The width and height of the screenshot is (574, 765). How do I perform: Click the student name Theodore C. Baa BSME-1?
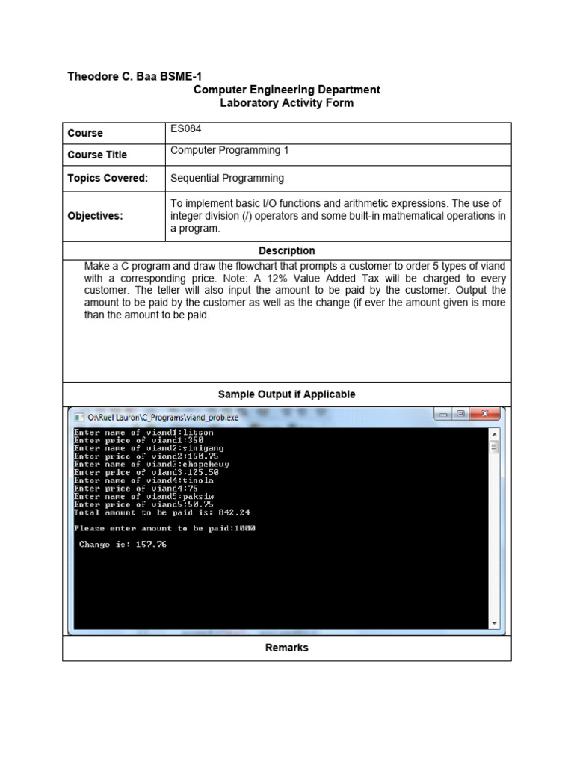coord(135,76)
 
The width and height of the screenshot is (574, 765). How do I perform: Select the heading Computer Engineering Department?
coord(286,90)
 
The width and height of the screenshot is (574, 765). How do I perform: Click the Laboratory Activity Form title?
coord(286,103)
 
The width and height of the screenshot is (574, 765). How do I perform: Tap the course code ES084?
coord(185,129)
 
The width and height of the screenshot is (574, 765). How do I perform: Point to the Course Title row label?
coord(97,155)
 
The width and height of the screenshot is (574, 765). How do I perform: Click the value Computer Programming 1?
coord(229,151)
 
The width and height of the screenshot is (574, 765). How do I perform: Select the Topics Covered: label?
coord(108,178)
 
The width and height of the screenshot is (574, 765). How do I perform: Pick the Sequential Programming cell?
coord(227,178)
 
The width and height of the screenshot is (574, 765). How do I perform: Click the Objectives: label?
coord(95,215)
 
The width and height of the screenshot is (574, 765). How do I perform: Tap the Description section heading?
coord(286,251)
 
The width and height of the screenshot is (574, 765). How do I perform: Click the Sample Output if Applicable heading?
coord(286,394)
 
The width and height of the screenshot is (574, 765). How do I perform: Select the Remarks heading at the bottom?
coord(286,648)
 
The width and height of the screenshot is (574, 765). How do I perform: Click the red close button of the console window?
coord(485,414)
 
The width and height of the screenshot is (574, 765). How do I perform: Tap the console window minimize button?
coord(443,414)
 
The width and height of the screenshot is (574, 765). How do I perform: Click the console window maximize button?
coord(460,414)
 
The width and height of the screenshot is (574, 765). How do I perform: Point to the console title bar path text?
coord(163,416)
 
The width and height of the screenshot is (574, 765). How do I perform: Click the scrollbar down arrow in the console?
coord(493,623)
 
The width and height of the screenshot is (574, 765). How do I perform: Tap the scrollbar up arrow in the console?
coord(493,433)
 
